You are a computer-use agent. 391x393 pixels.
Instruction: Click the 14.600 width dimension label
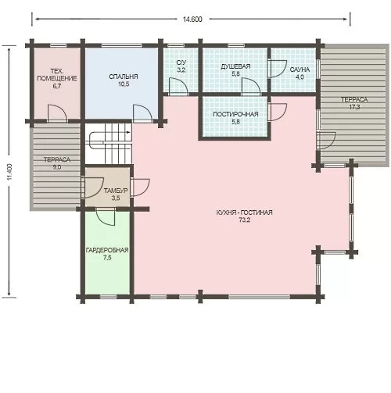(192, 20)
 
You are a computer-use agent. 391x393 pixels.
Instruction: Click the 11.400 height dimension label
(10, 172)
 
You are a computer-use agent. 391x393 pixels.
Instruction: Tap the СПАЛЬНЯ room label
(124, 77)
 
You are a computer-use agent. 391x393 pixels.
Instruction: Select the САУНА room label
(300, 70)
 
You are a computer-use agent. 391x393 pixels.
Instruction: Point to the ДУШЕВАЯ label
(235, 66)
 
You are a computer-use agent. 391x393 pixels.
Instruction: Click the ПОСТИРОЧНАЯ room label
(235, 114)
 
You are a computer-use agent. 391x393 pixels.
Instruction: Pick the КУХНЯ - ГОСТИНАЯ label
(244, 213)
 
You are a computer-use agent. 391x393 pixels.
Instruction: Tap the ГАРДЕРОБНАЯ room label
(107, 250)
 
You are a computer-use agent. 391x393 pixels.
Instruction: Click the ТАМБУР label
(116, 191)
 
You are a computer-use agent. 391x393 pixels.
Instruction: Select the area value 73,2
(245, 220)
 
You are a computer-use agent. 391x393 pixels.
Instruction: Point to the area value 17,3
(354, 107)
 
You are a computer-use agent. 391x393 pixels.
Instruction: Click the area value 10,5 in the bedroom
(124, 84)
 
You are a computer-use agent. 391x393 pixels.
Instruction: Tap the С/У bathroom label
(181, 63)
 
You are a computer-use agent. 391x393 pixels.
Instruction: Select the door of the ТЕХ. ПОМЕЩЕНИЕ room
(57, 113)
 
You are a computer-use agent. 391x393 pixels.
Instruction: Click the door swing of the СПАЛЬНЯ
(142, 113)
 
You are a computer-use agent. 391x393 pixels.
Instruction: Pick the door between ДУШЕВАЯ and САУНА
(278, 69)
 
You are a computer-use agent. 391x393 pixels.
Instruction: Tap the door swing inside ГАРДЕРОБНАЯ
(106, 216)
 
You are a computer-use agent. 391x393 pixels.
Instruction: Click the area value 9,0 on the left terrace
(57, 167)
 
